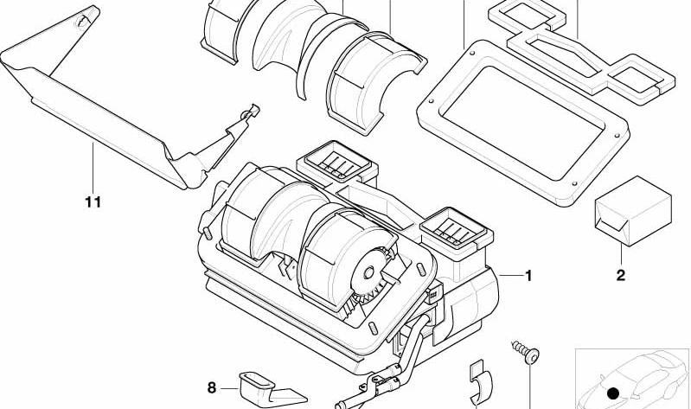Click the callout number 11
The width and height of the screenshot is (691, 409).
click(x=93, y=202)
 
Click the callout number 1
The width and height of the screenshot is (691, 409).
click(x=528, y=276)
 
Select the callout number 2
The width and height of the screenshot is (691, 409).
click(x=620, y=276)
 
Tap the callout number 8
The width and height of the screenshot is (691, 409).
click(x=212, y=388)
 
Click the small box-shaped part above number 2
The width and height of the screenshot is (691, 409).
click(x=633, y=211)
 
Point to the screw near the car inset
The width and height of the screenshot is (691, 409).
click(x=526, y=352)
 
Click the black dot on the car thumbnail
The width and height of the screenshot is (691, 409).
click(x=613, y=393)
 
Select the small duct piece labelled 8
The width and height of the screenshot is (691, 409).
click(x=269, y=389)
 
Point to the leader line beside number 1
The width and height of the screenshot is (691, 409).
click(x=510, y=276)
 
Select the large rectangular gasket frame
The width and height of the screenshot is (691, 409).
click(x=523, y=123)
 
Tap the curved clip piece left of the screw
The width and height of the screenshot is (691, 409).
click(x=480, y=382)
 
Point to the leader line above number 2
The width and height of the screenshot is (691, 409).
click(x=621, y=255)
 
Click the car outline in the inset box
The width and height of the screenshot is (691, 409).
click(x=632, y=380)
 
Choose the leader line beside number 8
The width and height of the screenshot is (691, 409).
click(x=229, y=388)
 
